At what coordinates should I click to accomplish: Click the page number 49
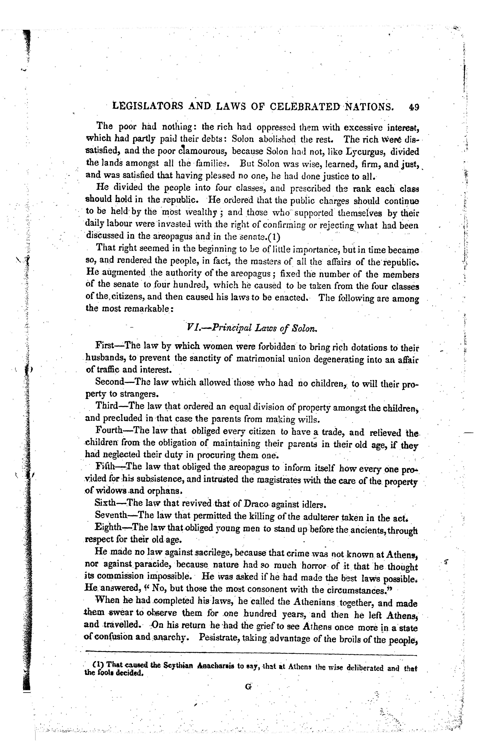414,107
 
